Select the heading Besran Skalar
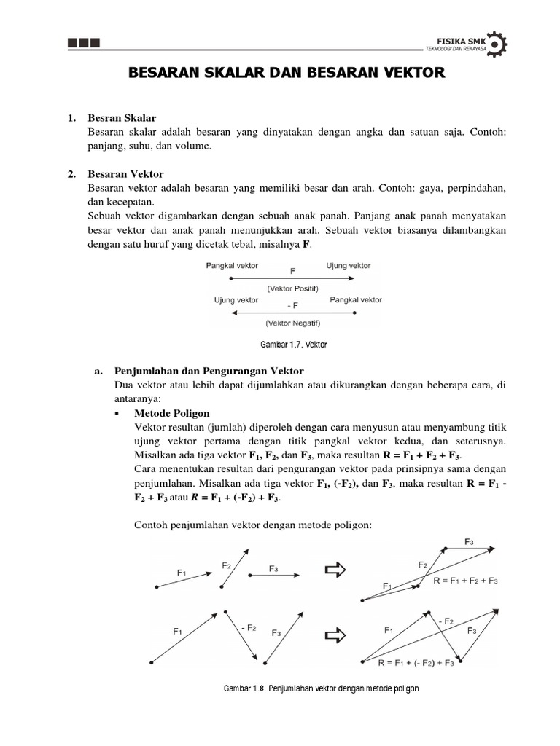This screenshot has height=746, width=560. [122, 117]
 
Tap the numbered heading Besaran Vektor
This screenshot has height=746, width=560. [125, 174]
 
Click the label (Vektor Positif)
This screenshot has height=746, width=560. [292, 288]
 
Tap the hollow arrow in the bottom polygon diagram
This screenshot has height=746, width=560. [334, 635]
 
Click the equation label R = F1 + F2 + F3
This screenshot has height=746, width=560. [465, 581]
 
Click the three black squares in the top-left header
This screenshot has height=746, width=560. [83, 43]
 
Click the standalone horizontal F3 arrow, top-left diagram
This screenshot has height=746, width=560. [273, 576]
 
